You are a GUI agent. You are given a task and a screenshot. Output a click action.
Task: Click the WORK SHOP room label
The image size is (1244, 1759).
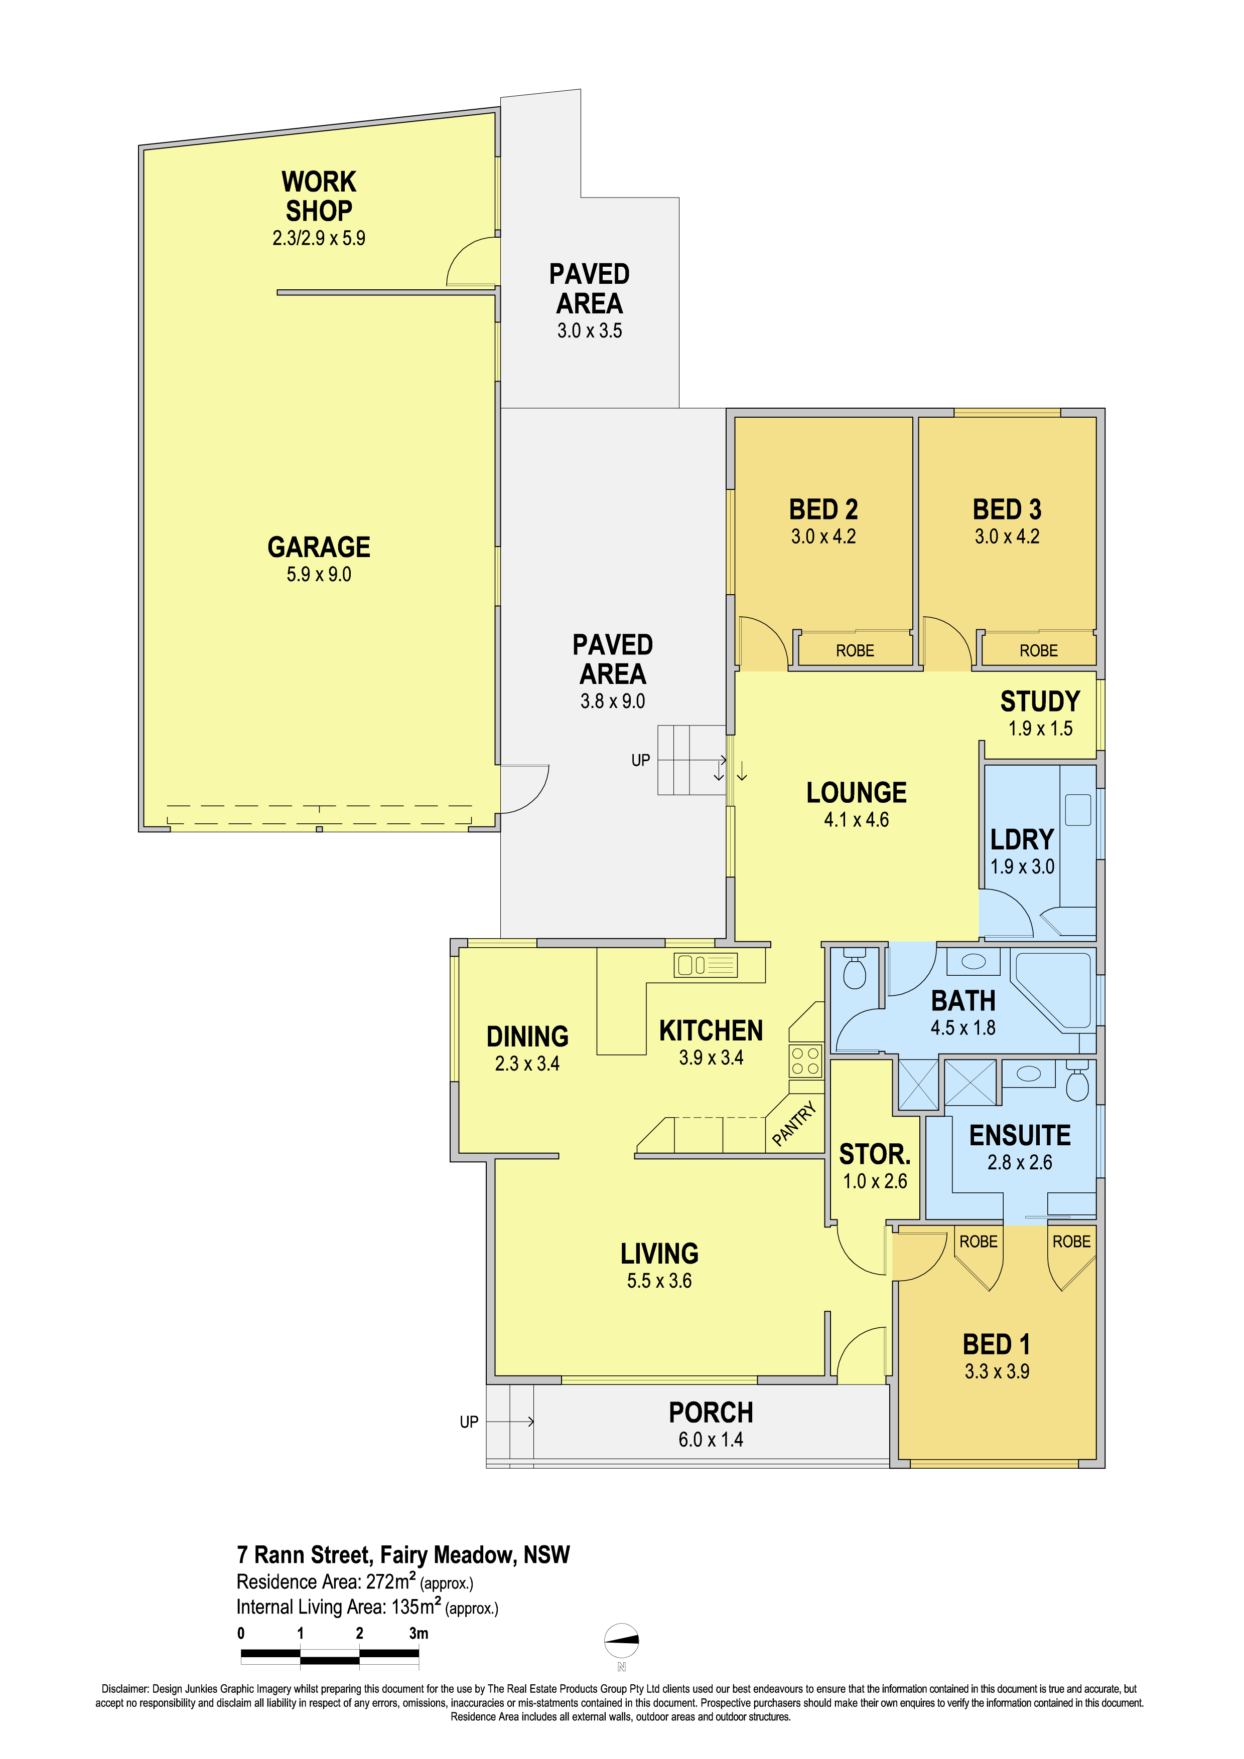tap(319, 196)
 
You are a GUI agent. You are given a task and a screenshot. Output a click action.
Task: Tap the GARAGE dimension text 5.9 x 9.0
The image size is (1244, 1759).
tap(319, 575)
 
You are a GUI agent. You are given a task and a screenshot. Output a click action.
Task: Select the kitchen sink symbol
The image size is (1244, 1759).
tap(705, 965)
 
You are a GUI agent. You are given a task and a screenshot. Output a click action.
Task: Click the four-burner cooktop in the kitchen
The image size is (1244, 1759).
tap(805, 1061)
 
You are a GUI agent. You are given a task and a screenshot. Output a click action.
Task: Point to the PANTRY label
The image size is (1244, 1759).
tap(794, 1124)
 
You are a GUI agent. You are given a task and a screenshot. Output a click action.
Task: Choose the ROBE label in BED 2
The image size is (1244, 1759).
tap(855, 650)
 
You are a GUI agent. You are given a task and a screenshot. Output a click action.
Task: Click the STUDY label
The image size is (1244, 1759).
tap(1040, 701)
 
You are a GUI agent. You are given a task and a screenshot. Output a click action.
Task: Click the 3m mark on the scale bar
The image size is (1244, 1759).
tap(419, 1633)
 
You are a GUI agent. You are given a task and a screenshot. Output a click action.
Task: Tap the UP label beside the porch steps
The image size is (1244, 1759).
tap(469, 1422)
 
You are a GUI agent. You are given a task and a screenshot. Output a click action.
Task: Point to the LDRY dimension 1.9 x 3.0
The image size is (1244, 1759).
tap(1023, 866)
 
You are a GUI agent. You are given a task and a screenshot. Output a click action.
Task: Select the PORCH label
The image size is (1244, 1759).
tap(711, 1412)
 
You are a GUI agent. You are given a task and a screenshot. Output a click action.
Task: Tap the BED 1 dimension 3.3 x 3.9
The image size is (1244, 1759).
tap(997, 1371)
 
